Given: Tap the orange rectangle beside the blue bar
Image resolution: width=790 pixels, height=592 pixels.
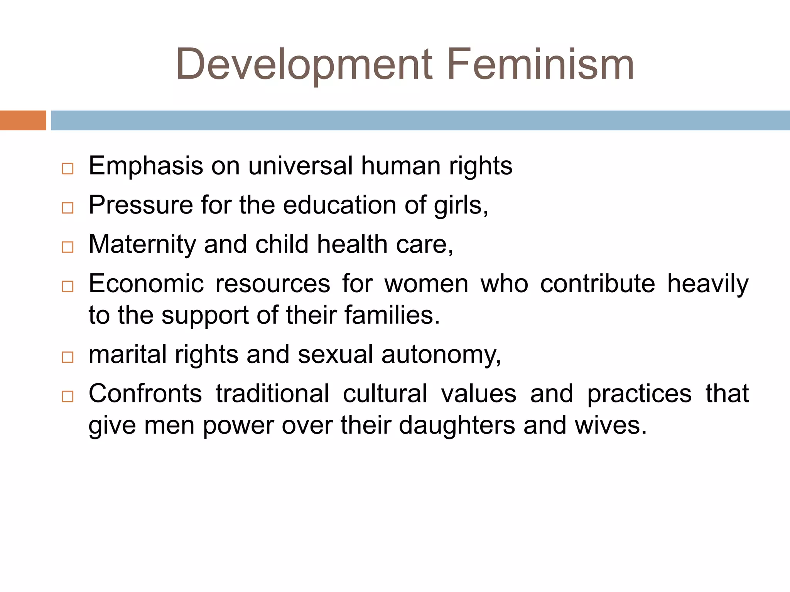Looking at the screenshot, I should click(23, 120).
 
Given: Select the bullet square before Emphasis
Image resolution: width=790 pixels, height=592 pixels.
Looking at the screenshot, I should click(68, 169).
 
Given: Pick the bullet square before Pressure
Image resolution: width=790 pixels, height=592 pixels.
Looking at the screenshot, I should click(68, 208).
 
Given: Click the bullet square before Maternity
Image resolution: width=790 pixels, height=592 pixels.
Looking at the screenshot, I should click(68, 247).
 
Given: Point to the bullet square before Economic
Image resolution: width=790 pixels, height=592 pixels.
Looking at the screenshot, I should click(68, 286).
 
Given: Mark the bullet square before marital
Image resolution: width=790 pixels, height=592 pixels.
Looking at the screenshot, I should click(68, 357).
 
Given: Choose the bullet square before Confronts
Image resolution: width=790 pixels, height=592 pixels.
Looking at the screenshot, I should click(68, 396).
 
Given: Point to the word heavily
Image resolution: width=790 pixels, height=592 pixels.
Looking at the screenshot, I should click(707, 284).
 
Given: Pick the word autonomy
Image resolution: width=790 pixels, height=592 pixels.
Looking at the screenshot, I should click(441, 355).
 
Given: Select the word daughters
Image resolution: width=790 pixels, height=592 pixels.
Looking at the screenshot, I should click(457, 425).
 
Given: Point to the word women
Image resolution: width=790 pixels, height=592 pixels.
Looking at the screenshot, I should click(426, 284).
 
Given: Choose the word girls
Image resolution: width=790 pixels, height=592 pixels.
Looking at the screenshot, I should click(461, 206).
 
